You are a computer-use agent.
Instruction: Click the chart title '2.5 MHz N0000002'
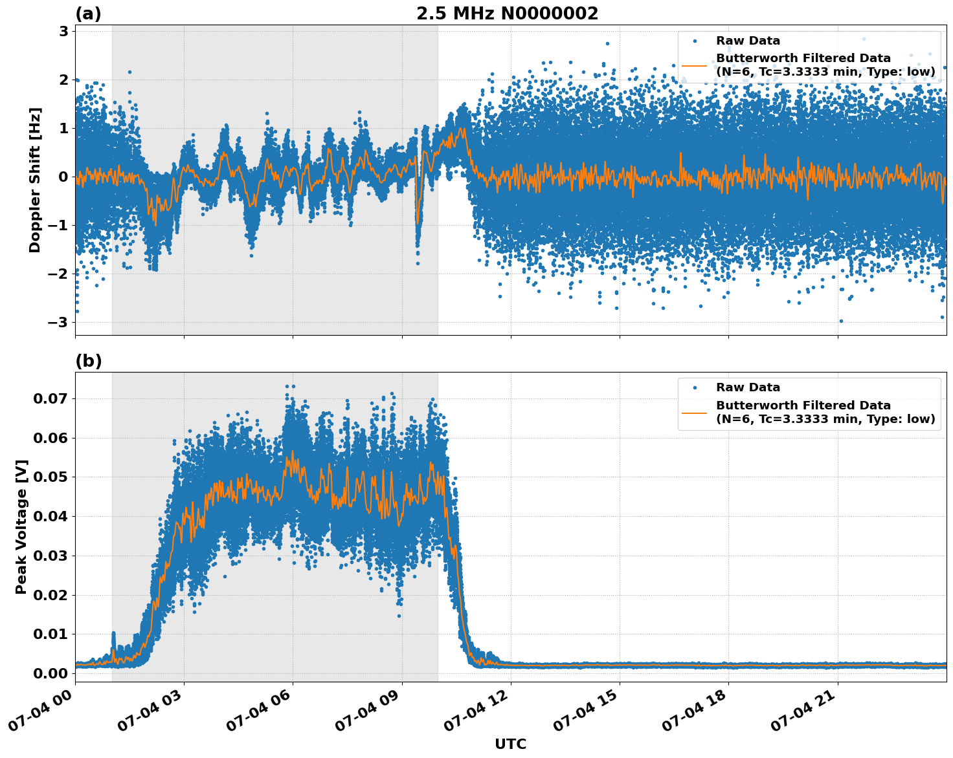point(507,14)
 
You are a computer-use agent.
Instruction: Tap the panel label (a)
point(88,14)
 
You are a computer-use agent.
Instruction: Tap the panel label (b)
point(88,361)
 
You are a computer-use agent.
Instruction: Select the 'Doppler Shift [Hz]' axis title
point(35,180)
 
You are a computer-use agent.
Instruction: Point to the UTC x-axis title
point(510,744)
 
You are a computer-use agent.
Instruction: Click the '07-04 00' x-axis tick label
point(41,711)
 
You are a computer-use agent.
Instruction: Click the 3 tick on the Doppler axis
point(63,31)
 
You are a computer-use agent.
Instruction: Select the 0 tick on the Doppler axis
point(63,177)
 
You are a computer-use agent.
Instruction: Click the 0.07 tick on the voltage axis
point(50,398)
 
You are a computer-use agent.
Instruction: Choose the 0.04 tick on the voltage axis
point(50,516)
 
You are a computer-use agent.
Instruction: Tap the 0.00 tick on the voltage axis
point(50,673)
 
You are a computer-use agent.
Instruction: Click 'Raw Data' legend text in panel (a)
point(748,41)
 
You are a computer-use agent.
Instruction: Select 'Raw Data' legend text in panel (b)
point(748,387)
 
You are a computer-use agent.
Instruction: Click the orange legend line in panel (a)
point(694,65)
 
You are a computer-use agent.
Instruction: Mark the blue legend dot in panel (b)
point(694,387)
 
